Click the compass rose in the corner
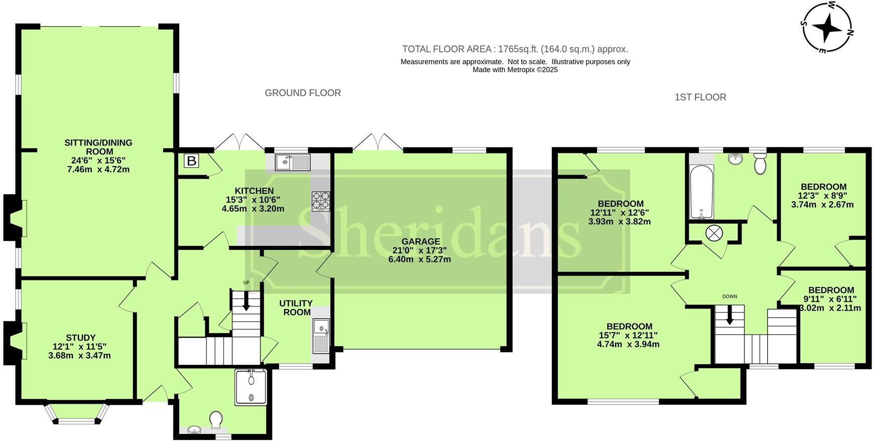(x=827, y=28)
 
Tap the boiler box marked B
(x=191, y=161)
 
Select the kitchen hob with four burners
(x=321, y=201)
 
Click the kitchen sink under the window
(x=293, y=162)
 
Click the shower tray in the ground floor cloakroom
(x=251, y=387)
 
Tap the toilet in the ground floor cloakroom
(x=216, y=420)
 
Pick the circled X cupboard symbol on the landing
(x=713, y=233)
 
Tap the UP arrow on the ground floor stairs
(x=246, y=302)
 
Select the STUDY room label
(x=80, y=338)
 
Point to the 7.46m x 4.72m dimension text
(x=98, y=169)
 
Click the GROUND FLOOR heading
(x=303, y=93)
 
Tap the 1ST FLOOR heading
(x=700, y=97)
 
